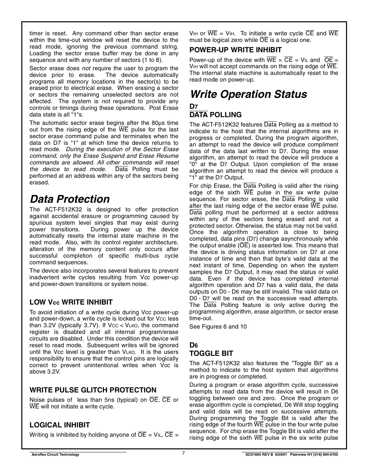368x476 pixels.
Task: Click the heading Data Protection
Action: tap(69, 199)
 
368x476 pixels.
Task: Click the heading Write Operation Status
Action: tap(248, 94)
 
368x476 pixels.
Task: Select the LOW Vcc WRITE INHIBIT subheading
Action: tap(71, 302)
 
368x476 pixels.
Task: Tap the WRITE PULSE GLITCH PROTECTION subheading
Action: tap(93, 390)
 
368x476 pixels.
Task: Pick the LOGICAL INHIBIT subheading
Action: tap(60, 425)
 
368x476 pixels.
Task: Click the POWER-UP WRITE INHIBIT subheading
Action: tap(235, 50)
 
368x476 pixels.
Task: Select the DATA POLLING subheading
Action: tap(215, 115)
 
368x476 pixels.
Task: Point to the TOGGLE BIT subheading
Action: tap(211, 354)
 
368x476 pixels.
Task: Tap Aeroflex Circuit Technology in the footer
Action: tap(55, 455)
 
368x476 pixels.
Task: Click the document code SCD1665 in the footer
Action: tap(254, 455)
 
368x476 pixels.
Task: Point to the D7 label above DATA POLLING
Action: tap(193, 107)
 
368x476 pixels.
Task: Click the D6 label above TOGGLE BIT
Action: tap(193, 346)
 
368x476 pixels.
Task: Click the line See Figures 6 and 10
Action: tap(218, 327)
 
